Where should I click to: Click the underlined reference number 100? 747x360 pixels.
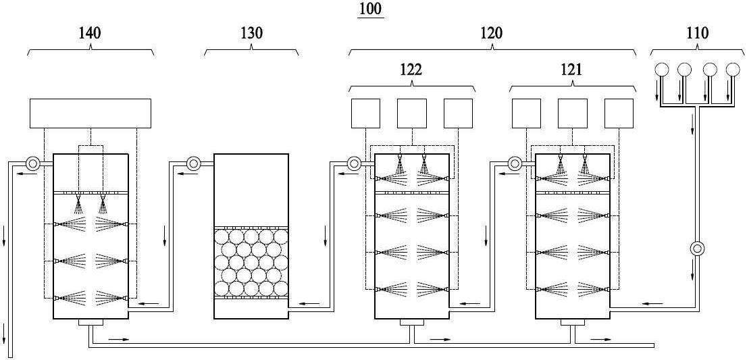pyautogui.click(x=370, y=10)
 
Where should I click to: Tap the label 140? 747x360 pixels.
pyautogui.click(x=90, y=33)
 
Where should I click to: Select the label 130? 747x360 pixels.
pyautogui.click(x=251, y=33)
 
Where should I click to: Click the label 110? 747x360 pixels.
pyautogui.click(x=698, y=33)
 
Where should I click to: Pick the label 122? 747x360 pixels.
pyautogui.click(x=411, y=70)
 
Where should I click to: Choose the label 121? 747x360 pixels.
pyautogui.click(x=571, y=70)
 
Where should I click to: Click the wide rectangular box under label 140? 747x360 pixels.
pyautogui.click(x=91, y=113)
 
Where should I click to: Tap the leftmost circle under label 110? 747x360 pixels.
pyautogui.click(x=662, y=70)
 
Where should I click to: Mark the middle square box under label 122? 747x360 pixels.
pyautogui.click(x=411, y=113)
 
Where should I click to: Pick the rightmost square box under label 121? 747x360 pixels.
pyautogui.click(x=619, y=113)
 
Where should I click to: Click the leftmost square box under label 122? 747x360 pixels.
pyautogui.click(x=365, y=113)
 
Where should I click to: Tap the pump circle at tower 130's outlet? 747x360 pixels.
pyautogui.click(x=194, y=164)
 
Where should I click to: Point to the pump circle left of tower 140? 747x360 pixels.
pyautogui.click(x=33, y=164)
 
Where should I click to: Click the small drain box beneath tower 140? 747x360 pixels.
pyautogui.click(x=91, y=322)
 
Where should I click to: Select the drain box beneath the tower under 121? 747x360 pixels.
pyautogui.click(x=573, y=322)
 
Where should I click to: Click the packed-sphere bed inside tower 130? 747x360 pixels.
pyautogui.click(x=251, y=262)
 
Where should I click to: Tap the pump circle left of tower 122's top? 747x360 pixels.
pyautogui.click(x=355, y=164)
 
